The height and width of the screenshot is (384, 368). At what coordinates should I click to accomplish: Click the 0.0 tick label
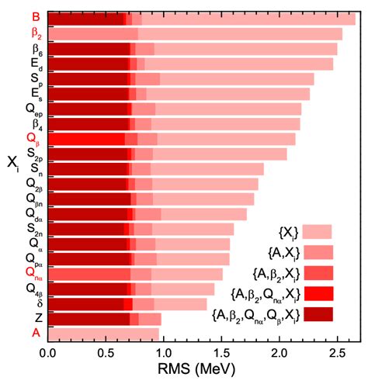(x=49, y=353)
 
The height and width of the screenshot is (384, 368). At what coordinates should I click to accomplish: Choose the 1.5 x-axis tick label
(x=221, y=353)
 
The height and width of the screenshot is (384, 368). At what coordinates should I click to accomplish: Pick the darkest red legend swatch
(x=318, y=313)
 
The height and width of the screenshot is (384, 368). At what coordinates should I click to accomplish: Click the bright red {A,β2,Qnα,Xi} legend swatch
(x=318, y=293)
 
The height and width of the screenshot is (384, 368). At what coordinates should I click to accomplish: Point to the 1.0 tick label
(x=164, y=353)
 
